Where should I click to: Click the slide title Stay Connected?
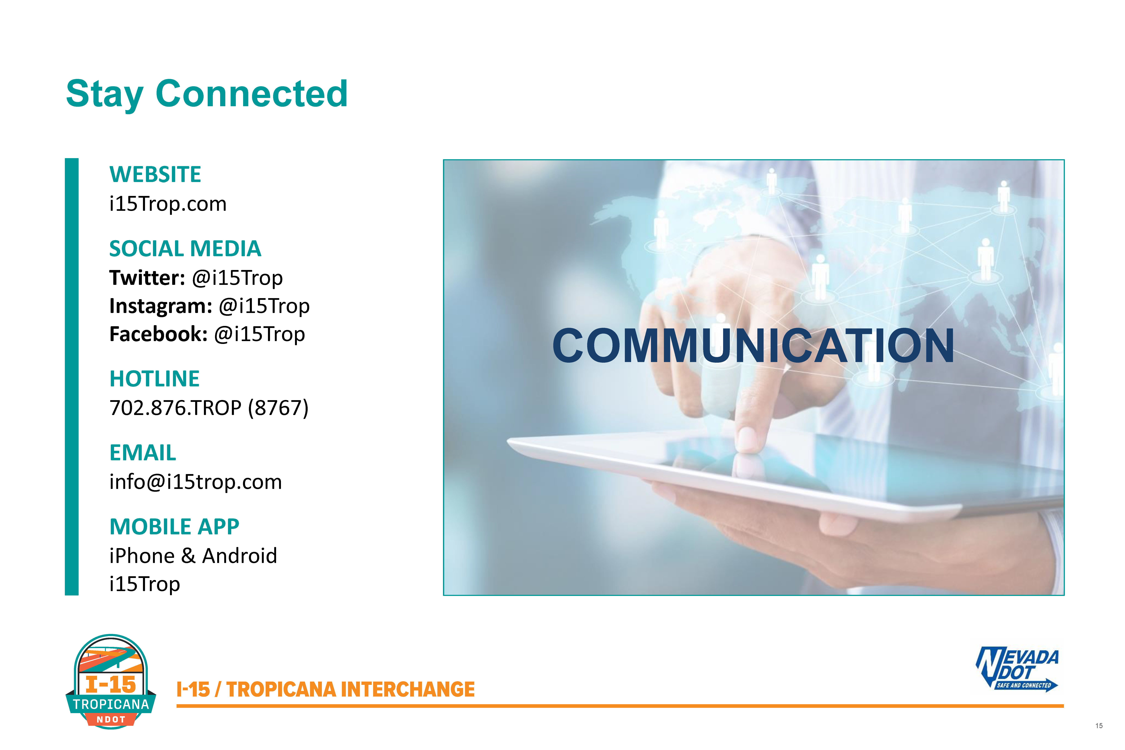(207, 94)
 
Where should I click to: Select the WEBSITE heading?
(155, 174)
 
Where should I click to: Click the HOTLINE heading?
(155, 379)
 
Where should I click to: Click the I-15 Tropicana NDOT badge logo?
(111, 682)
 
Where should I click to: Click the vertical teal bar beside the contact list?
(72, 377)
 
